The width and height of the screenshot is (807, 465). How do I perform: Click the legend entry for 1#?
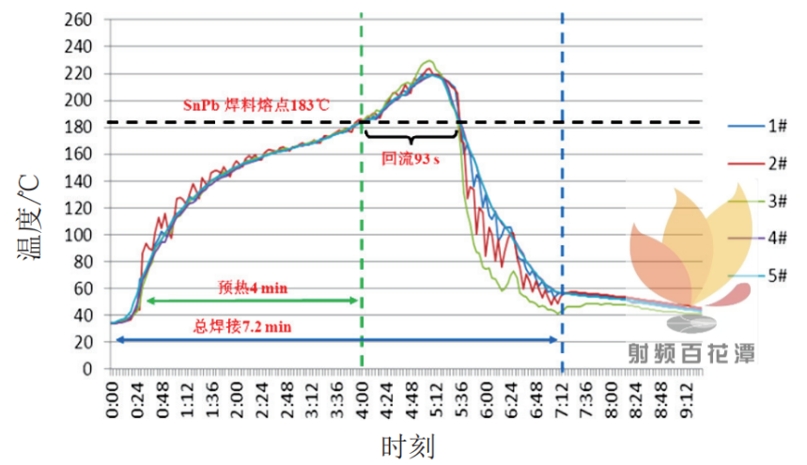point(757,126)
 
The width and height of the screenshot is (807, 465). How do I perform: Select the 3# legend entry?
point(757,201)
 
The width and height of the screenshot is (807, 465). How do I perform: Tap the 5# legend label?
point(757,276)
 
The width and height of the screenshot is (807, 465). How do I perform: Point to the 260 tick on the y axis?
point(78,20)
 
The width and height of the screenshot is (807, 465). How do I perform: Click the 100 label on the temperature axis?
point(78,235)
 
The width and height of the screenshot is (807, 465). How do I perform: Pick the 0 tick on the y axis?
point(87,369)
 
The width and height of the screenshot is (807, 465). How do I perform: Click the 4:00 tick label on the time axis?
point(363,399)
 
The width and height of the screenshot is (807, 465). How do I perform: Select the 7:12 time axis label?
point(562,399)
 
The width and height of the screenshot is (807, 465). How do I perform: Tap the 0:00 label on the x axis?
point(112,399)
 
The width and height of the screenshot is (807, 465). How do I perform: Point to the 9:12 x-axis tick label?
point(687,399)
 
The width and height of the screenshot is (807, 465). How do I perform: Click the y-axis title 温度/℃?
point(28,218)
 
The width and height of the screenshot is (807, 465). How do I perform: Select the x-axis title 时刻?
point(408,446)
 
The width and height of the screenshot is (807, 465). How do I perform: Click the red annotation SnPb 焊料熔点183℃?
point(256,105)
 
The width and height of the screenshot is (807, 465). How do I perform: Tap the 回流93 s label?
point(411,159)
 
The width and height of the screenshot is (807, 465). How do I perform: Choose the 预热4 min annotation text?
point(253,287)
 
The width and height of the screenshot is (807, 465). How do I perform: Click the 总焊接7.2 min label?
point(241,327)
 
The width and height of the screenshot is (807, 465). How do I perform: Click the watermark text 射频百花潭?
point(691,354)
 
